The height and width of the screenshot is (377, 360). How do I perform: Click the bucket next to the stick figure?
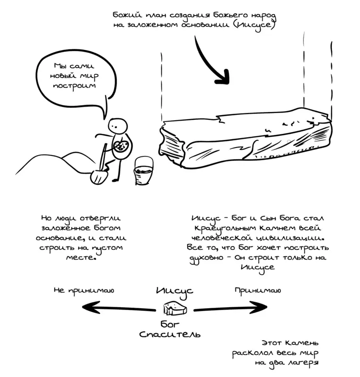click(x=143, y=171)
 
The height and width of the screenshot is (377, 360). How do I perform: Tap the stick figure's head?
click(x=117, y=126)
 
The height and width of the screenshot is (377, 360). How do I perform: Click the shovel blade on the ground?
click(x=99, y=177)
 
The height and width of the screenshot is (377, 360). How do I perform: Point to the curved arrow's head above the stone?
click(x=223, y=77)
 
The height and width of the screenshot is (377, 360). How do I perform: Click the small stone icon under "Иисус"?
click(x=175, y=308)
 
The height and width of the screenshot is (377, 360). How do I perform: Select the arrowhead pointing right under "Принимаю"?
click(x=259, y=307)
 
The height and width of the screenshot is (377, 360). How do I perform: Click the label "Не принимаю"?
click(x=84, y=290)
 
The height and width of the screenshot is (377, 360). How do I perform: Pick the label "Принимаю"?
click(x=258, y=290)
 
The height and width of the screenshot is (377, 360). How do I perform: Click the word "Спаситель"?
click(x=170, y=334)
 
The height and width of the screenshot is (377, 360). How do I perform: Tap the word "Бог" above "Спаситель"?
click(x=170, y=324)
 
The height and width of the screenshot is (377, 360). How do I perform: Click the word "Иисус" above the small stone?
click(x=175, y=291)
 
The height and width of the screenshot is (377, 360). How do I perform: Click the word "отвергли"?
click(x=100, y=218)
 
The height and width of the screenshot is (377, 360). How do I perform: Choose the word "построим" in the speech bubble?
click(x=75, y=86)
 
